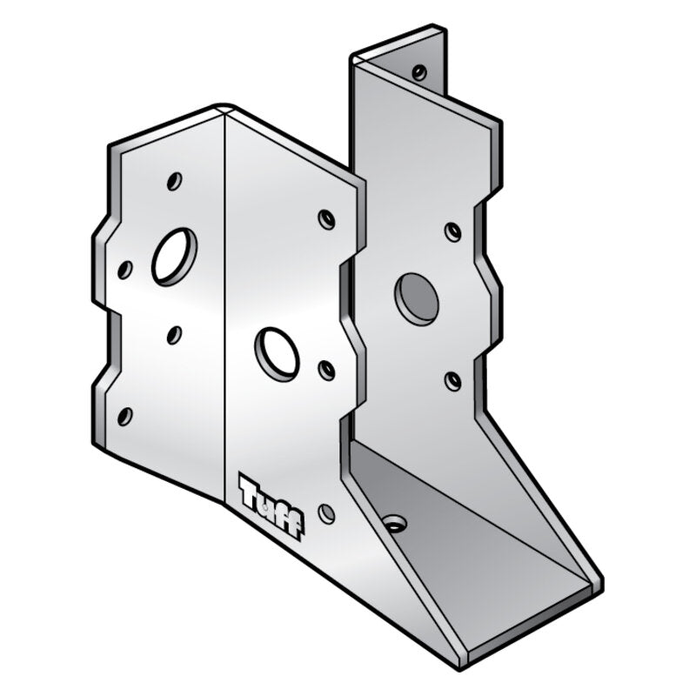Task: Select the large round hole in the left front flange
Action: click(x=174, y=255)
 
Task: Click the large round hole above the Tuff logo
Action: click(x=277, y=352)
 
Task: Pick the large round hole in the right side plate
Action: click(x=416, y=298)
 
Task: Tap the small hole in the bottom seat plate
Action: click(x=393, y=524)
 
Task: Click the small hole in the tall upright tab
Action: click(x=419, y=71)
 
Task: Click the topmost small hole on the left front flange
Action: click(x=174, y=183)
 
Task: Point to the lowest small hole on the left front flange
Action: click(x=124, y=415)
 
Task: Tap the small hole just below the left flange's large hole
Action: click(x=173, y=334)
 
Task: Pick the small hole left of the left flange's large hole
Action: click(x=125, y=271)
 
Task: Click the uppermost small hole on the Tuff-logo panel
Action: click(x=326, y=219)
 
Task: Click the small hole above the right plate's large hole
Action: click(x=452, y=231)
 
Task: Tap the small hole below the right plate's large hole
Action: click(x=452, y=380)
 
